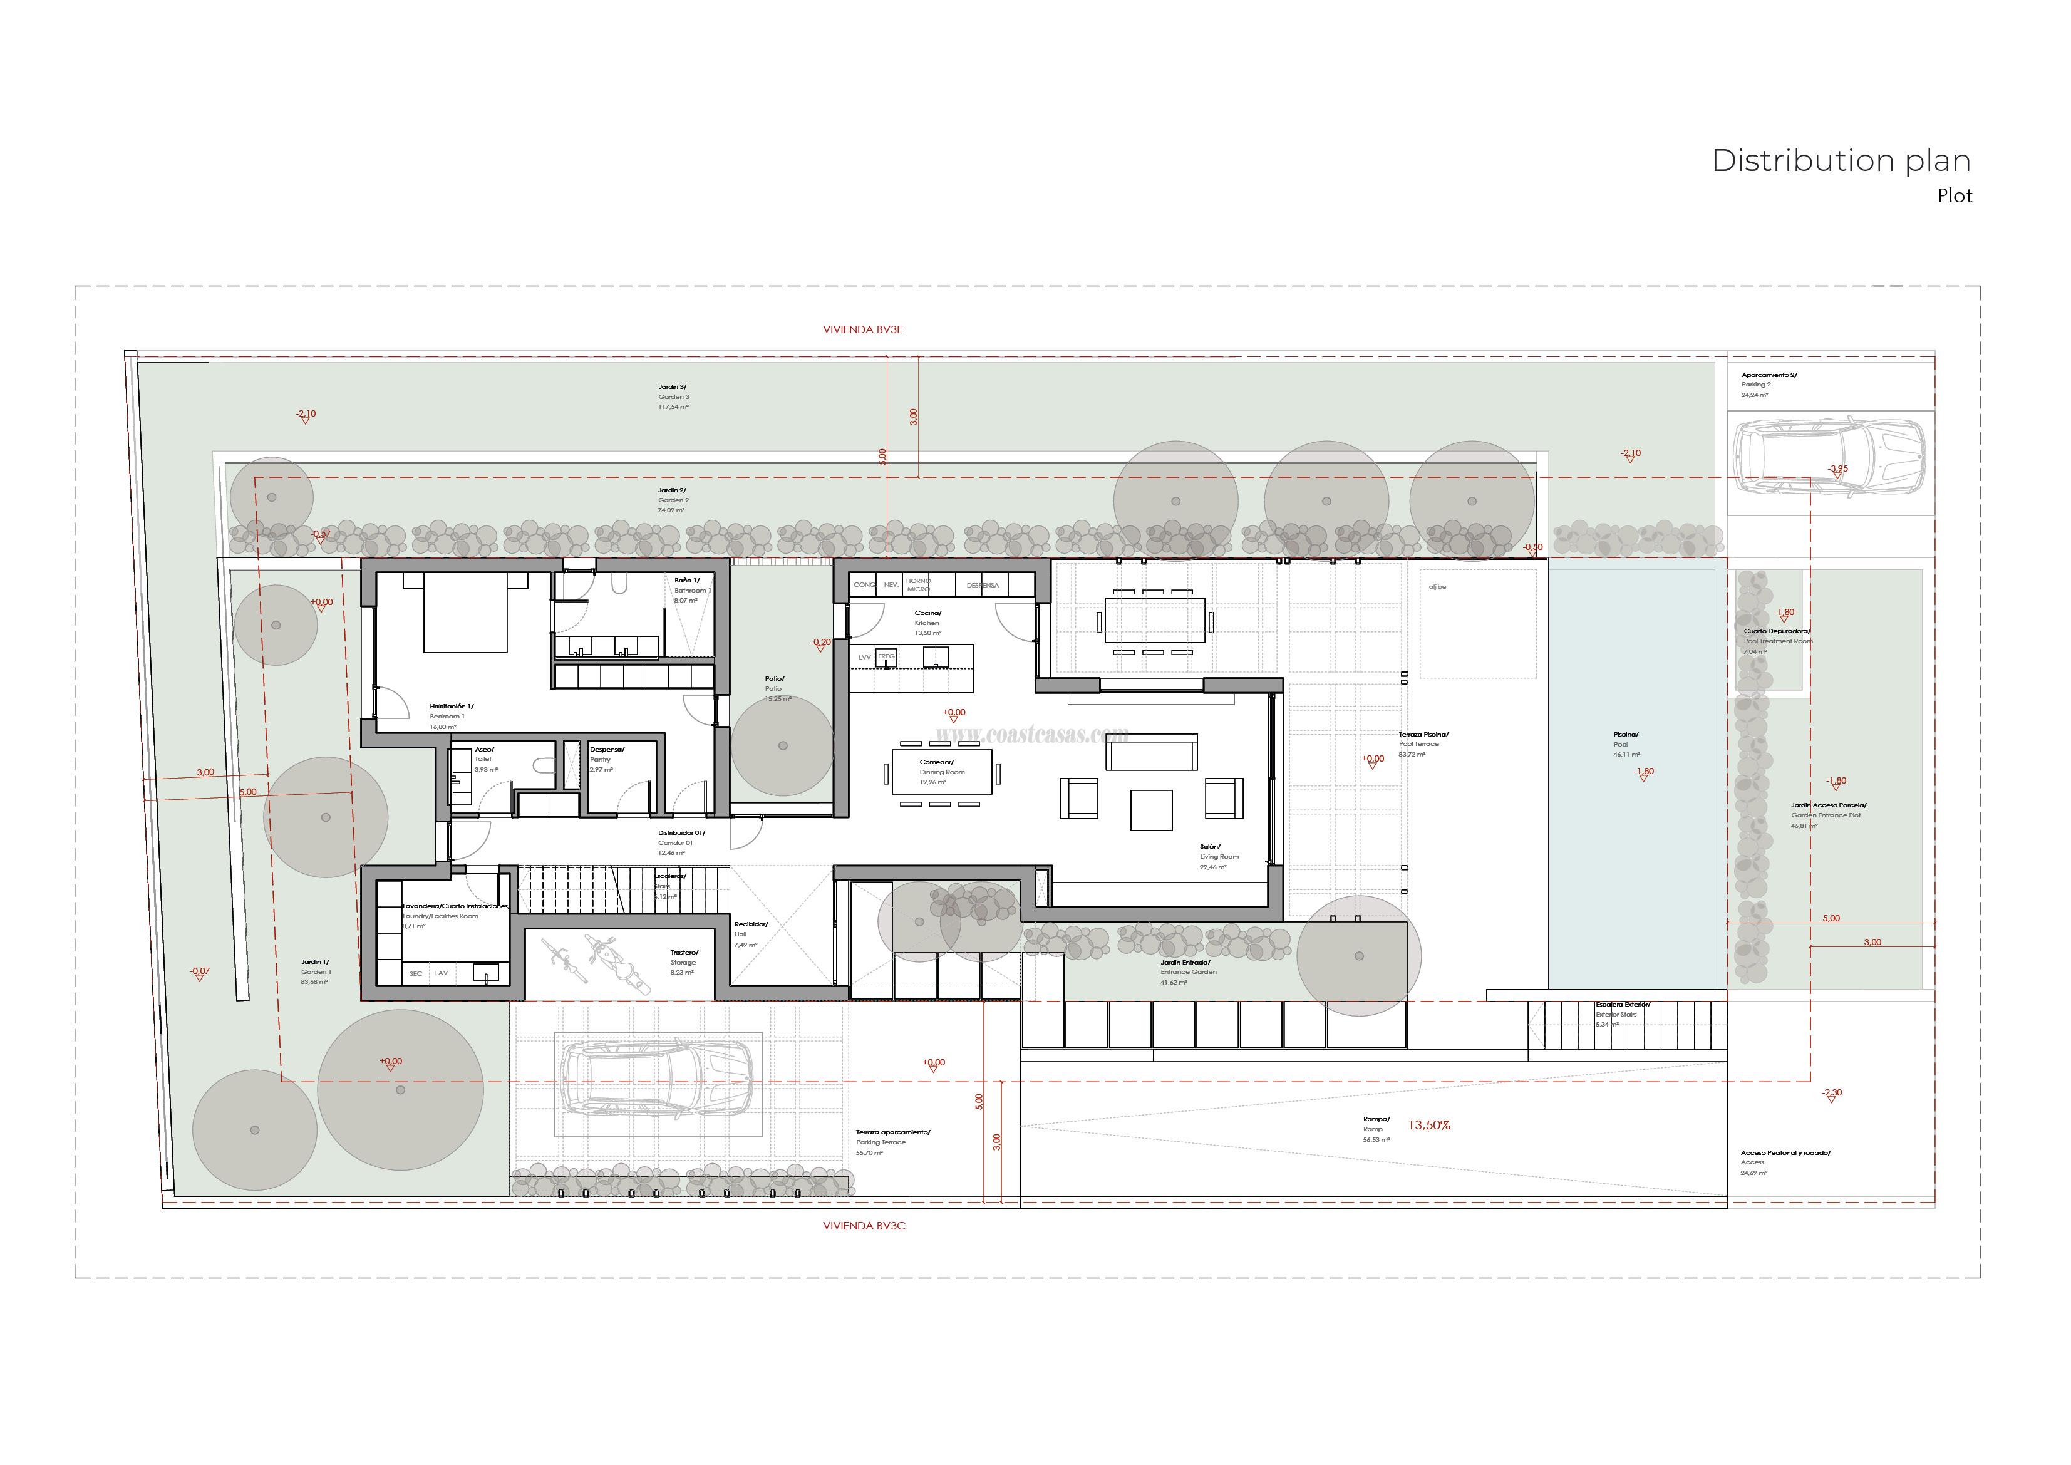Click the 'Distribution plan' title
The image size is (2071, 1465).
[1840, 160]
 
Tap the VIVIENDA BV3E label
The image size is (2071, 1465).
[862, 330]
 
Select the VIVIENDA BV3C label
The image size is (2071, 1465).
[863, 1226]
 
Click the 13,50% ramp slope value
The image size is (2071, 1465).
[1428, 1126]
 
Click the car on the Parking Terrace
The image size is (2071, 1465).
[657, 1084]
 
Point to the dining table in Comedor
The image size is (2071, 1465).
[942, 772]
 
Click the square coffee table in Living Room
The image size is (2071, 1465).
[1152, 809]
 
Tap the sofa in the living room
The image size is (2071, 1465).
[1152, 752]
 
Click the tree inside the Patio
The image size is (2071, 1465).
[782, 746]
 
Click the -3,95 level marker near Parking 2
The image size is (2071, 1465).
[1837, 469]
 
